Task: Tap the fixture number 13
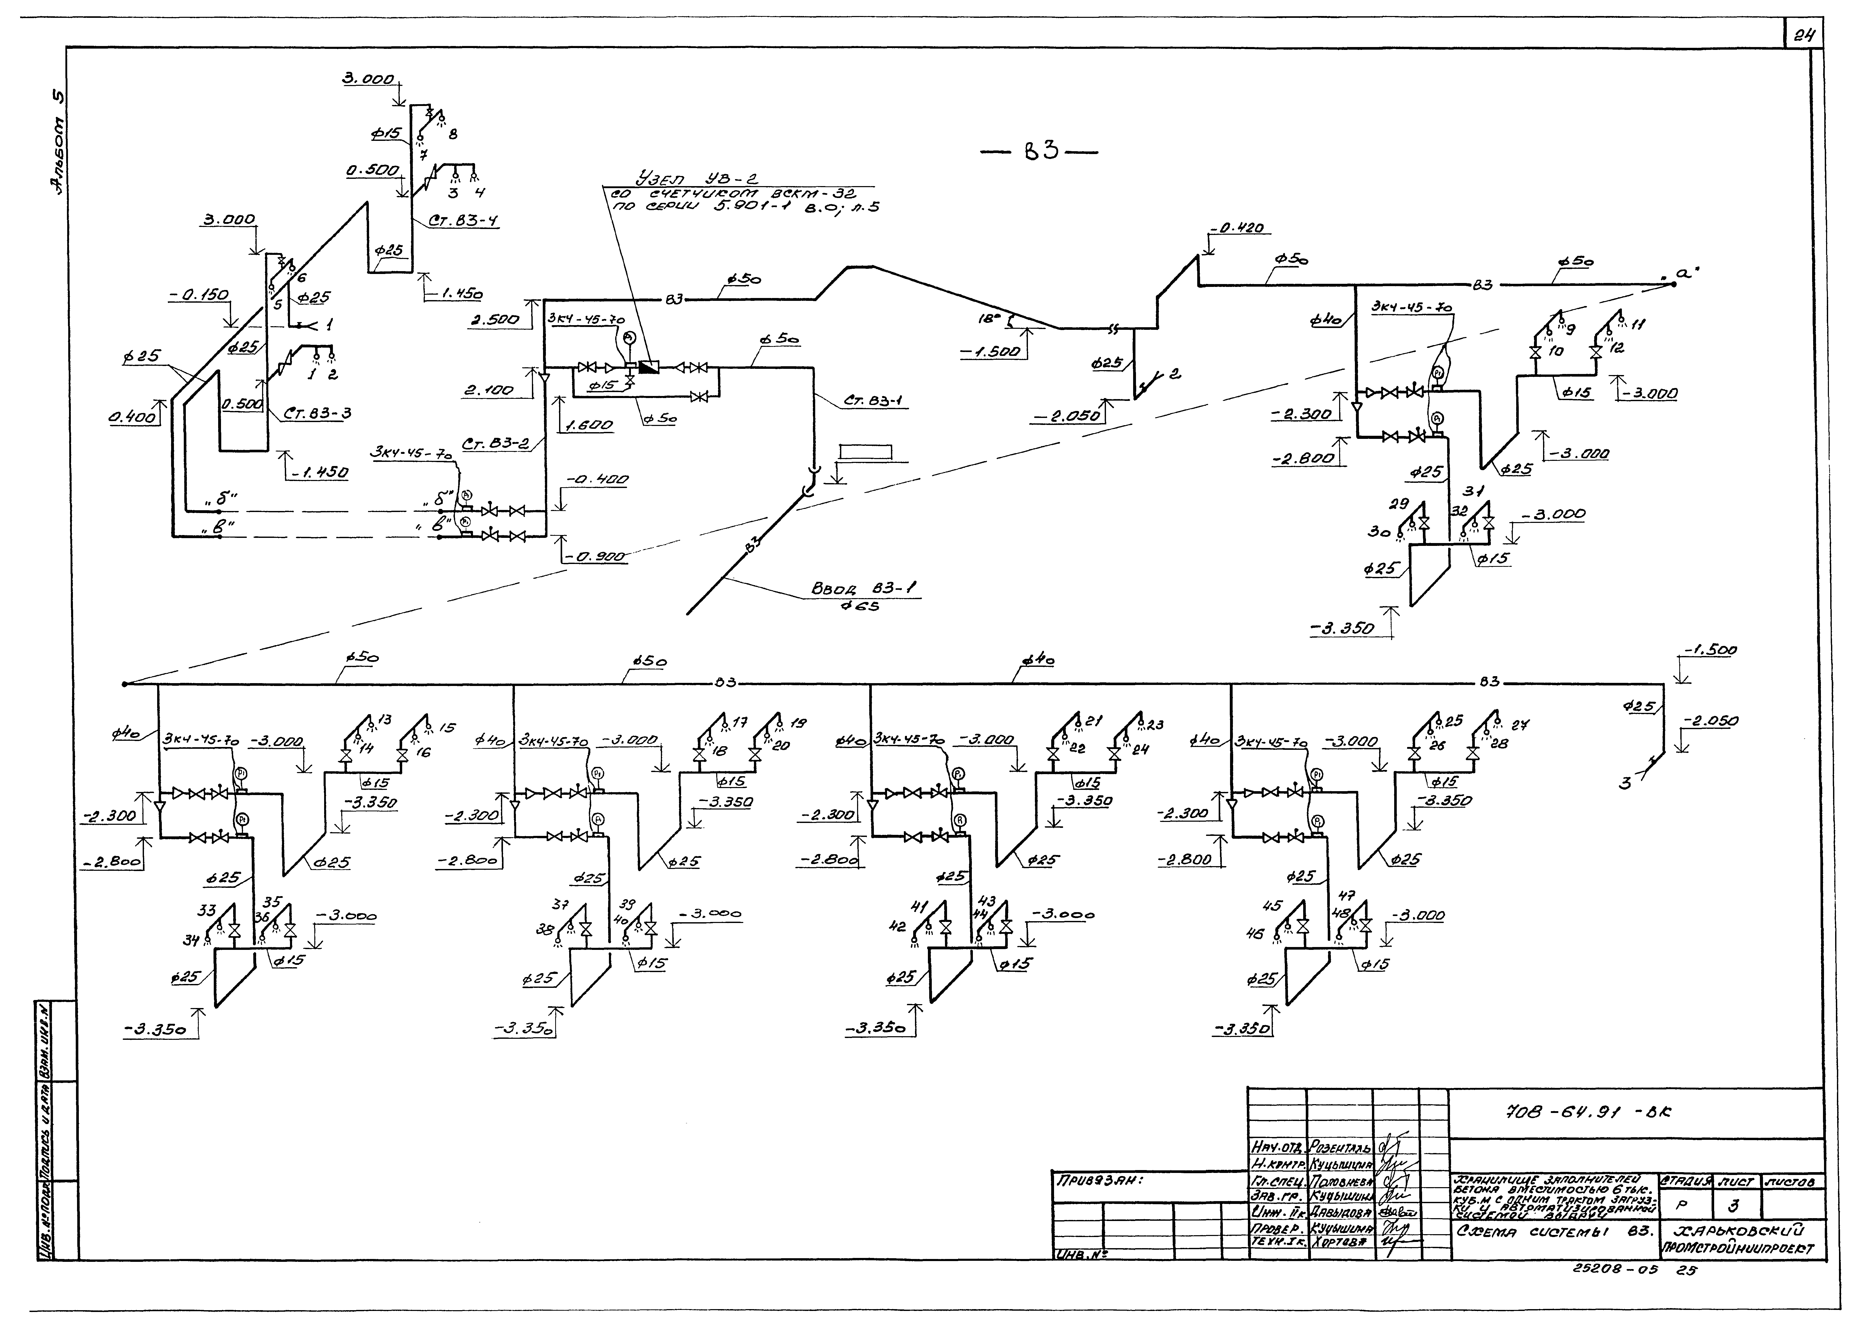(x=385, y=720)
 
